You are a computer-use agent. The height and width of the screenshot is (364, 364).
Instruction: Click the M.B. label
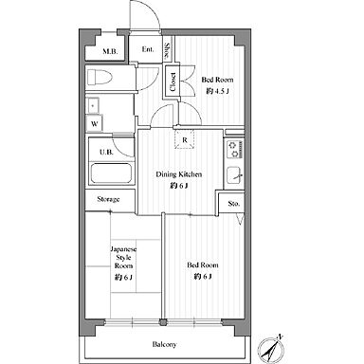pyautogui.click(x=110, y=51)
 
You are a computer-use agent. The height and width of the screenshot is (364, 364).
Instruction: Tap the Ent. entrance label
pyautogui.click(x=148, y=49)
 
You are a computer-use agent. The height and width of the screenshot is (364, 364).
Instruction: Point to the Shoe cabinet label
pyautogui.click(x=168, y=51)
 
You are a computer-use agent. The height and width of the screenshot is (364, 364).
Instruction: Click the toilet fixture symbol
pyautogui.click(x=100, y=77)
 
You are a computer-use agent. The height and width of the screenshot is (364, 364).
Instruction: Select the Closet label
pyautogui.click(x=173, y=82)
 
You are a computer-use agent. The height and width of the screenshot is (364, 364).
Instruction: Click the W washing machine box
pyautogui.click(x=95, y=123)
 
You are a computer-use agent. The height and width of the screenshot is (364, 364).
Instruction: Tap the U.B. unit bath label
pyautogui.click(x=106, y=152)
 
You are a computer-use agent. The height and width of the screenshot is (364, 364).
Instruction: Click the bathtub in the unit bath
pyautogui.click(x=111, y=173)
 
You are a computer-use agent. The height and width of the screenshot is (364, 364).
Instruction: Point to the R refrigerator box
pyautogui.click(x=185, y=139)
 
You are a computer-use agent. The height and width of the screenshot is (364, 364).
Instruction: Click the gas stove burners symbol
pyautogui.click(x=234, y=150)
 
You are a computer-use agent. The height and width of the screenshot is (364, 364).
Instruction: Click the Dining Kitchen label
pyautogui.click(x=179, y=174)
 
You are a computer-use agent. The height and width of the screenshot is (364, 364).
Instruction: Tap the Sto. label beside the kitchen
pyautogui.click(x=234, y=204)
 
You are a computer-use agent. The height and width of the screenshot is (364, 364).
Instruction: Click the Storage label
pyautogui.click(x=108, y=199)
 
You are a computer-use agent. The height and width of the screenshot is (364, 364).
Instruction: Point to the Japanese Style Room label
pyautogui.click(x=123, y=258)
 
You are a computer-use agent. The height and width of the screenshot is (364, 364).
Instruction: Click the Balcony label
pyautogui.click(x=164, y=344)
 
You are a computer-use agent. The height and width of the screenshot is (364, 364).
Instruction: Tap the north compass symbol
pyautogui.click(x=271, y=349)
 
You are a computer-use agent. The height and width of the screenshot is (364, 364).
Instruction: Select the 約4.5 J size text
pyautogui.click(x=217, y=91)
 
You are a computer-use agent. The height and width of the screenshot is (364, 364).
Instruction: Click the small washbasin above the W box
pyautogui.click(x=93, y=105)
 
